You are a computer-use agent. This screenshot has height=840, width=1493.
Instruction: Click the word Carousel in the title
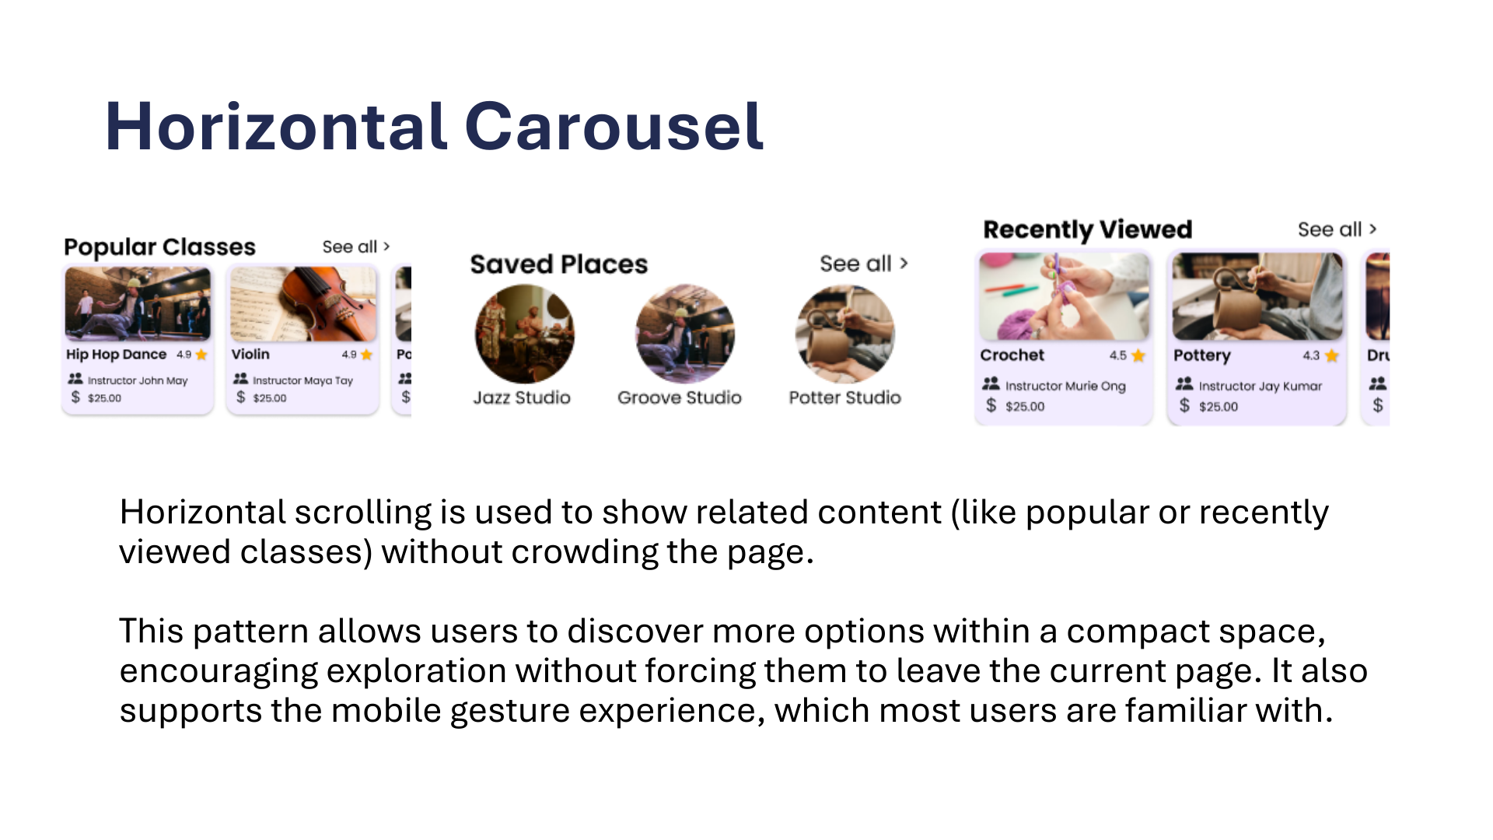tap(614, 126)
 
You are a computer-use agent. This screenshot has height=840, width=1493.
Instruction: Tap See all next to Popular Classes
tap(356, 247)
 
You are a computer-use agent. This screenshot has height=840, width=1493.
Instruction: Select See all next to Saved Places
tap(864, 264)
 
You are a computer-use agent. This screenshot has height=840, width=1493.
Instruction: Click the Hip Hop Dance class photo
tap(138, 304)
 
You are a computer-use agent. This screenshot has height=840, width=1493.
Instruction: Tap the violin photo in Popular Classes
tap(303, 304)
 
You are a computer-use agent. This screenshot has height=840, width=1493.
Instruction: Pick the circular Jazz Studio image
tap(525, 334)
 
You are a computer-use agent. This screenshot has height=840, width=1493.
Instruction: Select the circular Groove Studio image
tap(685, 334)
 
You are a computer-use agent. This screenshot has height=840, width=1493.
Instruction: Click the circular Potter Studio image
tap(845, 334)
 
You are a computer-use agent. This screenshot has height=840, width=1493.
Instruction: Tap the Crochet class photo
tap(1064, 296)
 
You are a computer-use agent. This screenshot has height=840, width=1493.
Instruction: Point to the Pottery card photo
tap(1257, 296)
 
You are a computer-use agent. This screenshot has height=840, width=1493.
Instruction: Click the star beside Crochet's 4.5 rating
tap(1138, 355)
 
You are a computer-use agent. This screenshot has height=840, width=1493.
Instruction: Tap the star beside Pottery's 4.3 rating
tap(1332, 355)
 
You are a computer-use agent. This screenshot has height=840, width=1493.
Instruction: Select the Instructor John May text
tap(138, 380)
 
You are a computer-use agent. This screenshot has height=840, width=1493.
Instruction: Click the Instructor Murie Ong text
tap(1065, 386)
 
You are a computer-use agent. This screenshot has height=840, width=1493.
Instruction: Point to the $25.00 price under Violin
tap(270, 398)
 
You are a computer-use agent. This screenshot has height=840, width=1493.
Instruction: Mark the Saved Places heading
tap(559, 264)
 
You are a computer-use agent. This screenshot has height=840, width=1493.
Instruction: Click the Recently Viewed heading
tap(1088, 230)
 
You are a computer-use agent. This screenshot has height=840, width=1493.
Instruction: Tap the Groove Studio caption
tap(680, 397)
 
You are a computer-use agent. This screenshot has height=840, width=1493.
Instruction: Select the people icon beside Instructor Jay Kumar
tap(1184, 383)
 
